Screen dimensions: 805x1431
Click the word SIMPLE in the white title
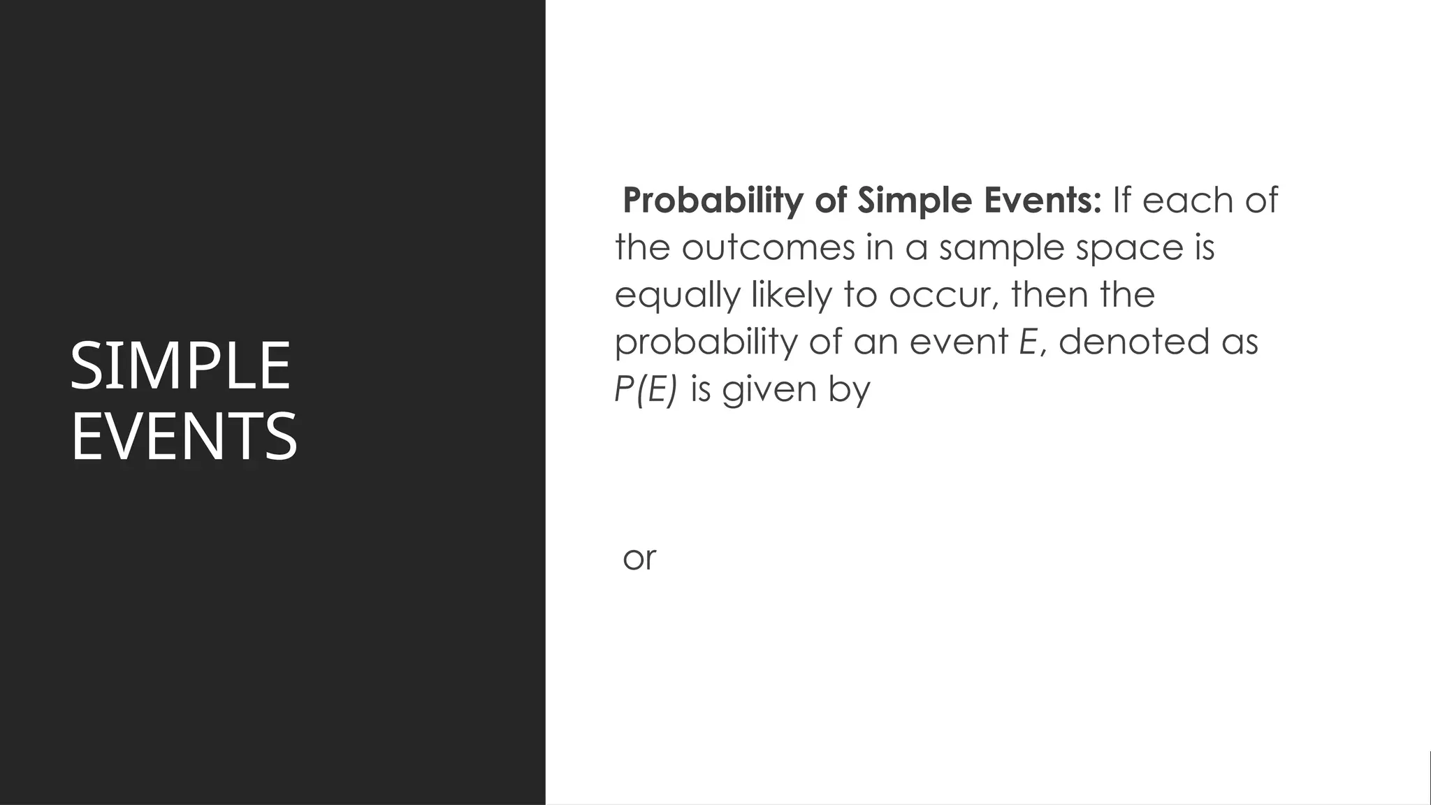(x=180, y=365)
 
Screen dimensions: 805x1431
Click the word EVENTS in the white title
(x=184, y=437)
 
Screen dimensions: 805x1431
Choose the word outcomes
(x=768, y=247)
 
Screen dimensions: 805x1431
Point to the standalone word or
(x=639, y=558)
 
